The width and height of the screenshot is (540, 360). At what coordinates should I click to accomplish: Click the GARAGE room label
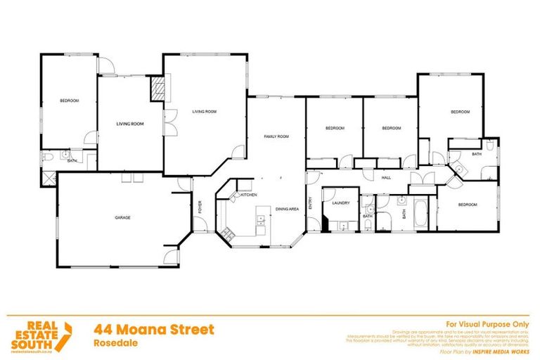(x=123, y=218)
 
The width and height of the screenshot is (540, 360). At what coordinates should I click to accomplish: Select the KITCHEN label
(x=250, y=195)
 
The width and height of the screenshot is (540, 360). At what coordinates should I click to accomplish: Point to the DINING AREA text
(x=288, y=209)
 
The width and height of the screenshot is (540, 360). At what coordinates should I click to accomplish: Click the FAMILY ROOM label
(x=276, y=136)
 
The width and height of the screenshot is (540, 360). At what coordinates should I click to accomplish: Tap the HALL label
(x=386, y=178)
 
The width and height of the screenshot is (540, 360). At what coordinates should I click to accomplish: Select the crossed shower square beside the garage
(x=48, y=177)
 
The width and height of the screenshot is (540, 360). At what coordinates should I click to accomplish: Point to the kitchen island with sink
(x=262, y=224)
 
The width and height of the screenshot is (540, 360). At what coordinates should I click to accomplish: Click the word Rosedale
(x=113, y=343)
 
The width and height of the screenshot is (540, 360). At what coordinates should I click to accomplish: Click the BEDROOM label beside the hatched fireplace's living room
(x=69, y=101)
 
